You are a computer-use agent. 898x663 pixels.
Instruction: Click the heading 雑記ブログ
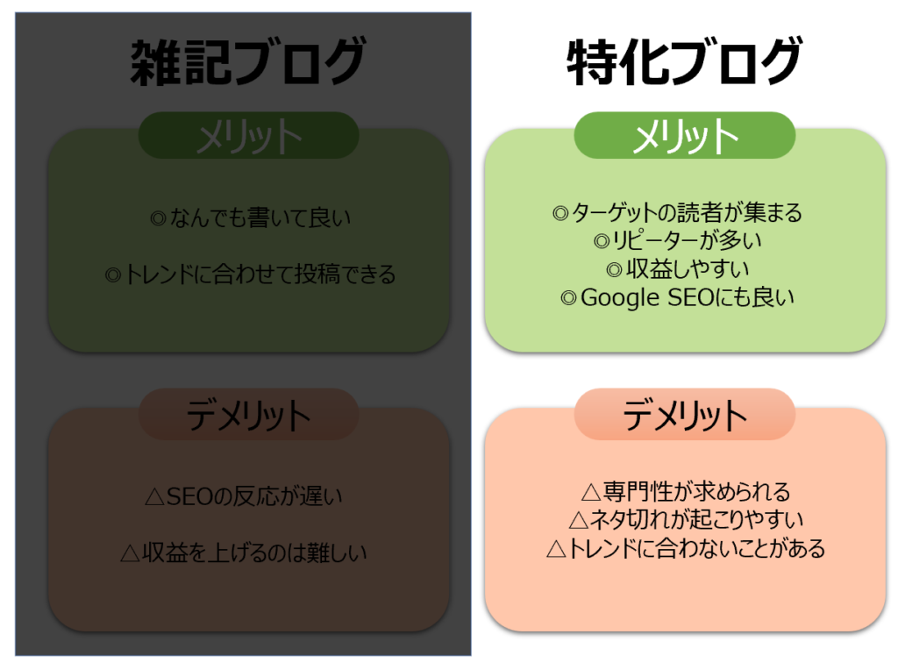(247, 64)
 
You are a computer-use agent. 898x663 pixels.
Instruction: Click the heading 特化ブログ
(684, 64)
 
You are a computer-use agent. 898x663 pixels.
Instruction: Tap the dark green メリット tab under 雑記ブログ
(248, 136)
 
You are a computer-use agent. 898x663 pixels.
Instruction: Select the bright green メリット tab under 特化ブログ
(684, 136)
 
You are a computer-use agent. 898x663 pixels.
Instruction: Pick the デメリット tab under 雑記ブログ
(248, 415)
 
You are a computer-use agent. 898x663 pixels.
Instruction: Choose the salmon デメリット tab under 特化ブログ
(684, 415)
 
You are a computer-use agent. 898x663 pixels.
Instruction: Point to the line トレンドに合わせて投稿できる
(250, 274)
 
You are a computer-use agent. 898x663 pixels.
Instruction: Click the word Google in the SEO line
(619, 298)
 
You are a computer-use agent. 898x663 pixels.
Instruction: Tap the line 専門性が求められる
(686, 491)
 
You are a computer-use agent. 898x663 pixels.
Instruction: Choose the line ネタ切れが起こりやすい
(686, 520)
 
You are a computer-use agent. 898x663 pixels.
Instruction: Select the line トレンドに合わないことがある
(686, 549)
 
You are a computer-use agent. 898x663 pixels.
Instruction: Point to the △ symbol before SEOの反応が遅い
(154, 497)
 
